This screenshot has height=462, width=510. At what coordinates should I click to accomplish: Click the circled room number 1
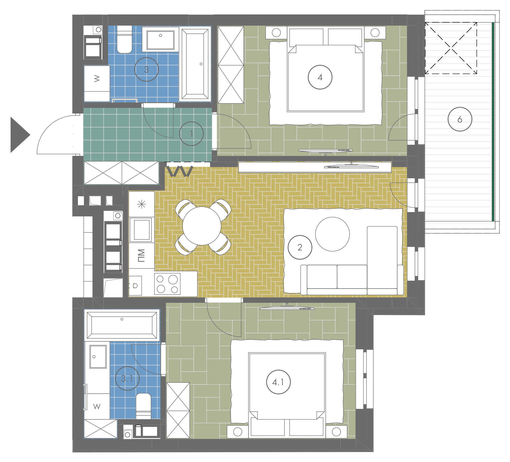pyautogui.click(x=191, y=134)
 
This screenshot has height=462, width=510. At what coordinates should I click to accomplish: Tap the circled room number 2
pyautogui.click(x=300, y=247)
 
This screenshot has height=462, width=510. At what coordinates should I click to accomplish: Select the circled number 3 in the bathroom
pyautogui.click(x=146, y=69)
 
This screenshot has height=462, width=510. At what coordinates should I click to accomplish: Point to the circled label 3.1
pyautogui.click(x=127, y=378)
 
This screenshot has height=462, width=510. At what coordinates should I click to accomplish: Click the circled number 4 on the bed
pyautogui.click(x=320, y=77)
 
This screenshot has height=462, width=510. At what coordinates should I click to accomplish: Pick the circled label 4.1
pyautogui.click(x=278, y=382)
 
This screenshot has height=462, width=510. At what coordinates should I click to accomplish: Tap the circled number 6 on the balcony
pyautogui.click(x=460, y=119)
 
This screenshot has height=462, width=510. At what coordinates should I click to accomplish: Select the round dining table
pyautogui.click(x=202, y=226)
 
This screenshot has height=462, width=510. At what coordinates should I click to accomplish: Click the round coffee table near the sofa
pyautogui.click(x=332, y=234)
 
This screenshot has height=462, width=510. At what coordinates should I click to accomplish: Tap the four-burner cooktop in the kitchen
pyautogui.click(x=167, y=284)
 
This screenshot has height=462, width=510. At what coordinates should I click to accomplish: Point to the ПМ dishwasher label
pyautogui.click(x=141, y=256)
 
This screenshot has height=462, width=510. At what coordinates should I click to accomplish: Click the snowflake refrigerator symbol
pyautogui.click(x=142, y=204)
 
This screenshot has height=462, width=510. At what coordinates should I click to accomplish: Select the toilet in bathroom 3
pyautogui.click(x=125, y=39)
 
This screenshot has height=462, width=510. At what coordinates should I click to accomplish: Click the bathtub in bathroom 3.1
pyautogui.click(x=122, y=325)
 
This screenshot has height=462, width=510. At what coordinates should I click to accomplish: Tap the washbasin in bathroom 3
pyautogui.click(x=160, y=39)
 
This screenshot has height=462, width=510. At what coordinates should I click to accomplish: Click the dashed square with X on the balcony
pyautogui.click(x=451, y=48)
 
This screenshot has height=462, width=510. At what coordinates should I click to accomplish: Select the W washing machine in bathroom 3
pyautogui.click(x=97, y=83)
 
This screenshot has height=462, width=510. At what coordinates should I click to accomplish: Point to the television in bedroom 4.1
pyautogui.click(x=287, y=308)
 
